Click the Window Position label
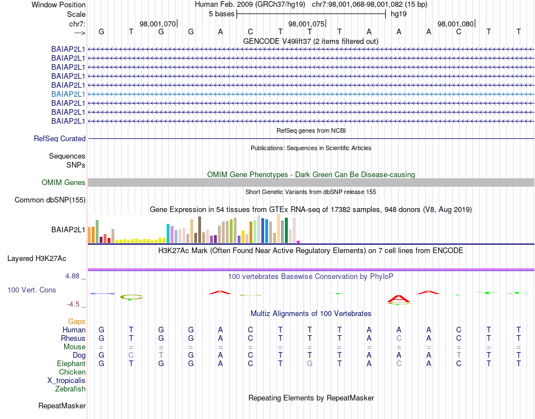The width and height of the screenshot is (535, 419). pos(59,4)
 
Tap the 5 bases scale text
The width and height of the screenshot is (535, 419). pos(221,13)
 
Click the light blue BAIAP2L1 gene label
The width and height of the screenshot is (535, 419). pos(68,94)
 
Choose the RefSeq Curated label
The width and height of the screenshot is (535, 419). pos(60,138)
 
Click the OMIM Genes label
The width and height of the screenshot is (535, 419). pos(64,182)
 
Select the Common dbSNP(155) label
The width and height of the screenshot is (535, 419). pos(50,200)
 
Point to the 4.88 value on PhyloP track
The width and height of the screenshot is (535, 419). pos(73,276)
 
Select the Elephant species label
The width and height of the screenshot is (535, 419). pos(71,364)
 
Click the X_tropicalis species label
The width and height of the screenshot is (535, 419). pos(66,381)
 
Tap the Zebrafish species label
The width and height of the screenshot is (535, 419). pos(70,389)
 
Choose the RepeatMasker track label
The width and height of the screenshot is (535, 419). pos(62,406)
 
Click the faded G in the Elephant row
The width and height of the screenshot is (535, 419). pos(310,364)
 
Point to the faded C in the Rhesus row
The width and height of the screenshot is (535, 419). pos(399,339)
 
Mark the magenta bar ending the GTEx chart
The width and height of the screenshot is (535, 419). pos(298,241)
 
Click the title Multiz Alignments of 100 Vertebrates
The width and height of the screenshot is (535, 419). pos(311,313)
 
